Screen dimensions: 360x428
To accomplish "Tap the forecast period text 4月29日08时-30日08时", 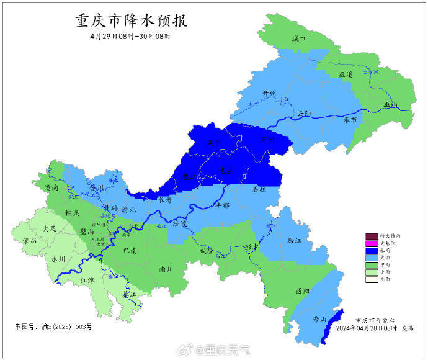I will (130, 37).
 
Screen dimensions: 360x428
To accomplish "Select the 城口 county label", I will (299, 38).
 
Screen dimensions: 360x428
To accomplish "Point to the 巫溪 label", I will (346, 74).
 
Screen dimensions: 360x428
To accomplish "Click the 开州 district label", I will (269, 93).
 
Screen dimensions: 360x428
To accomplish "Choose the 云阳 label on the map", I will (304, 114).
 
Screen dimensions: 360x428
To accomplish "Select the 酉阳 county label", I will (303, 290).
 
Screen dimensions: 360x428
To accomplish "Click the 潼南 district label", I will (51, 187).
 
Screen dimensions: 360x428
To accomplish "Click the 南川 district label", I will (166, 270).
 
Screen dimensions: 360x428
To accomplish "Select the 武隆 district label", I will (206, 250).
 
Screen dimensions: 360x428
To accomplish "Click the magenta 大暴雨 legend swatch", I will (371, 243).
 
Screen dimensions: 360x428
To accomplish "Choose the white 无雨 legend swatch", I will (371, 279).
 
